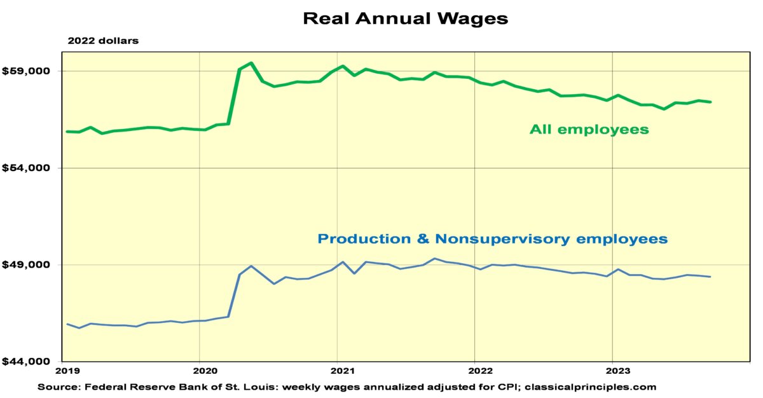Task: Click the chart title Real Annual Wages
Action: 405,18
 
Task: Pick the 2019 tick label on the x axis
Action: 67,371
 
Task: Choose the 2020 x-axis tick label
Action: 200,371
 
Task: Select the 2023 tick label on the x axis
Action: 613,371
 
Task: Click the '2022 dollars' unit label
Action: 103,41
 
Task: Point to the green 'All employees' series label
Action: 589,130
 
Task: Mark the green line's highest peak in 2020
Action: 251,63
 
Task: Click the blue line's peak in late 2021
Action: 435,259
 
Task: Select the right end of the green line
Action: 710,102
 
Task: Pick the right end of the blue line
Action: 710,277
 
